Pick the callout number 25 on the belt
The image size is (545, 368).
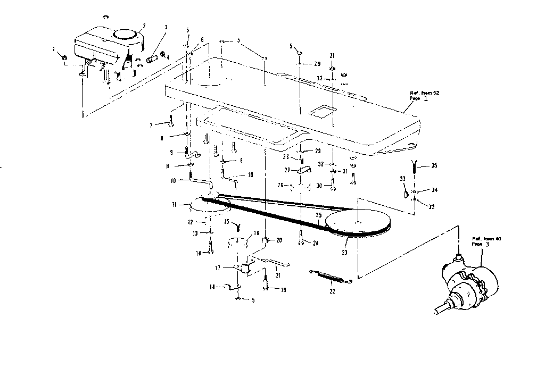click(318, 216)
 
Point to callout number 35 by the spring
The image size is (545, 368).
click(434, 165)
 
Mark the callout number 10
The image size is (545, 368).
click(173, 181)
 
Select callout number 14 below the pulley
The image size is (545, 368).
click(198, 254)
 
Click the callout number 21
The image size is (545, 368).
click(277, 274)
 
